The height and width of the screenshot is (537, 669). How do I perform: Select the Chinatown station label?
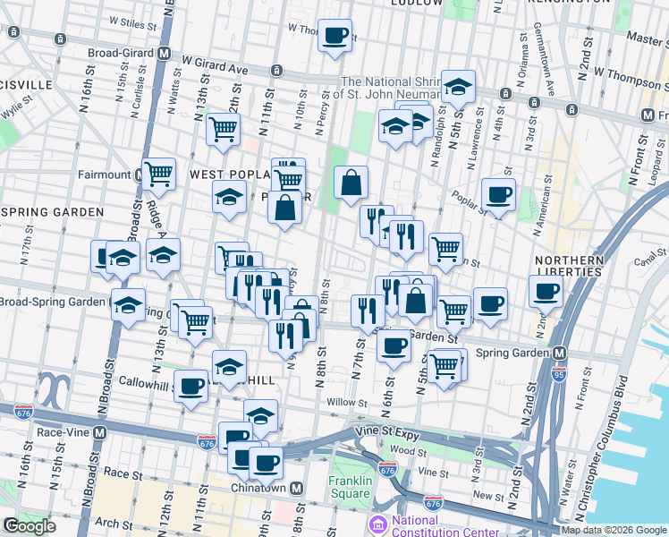point(266,487)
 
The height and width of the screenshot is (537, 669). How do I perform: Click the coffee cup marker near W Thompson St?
point(334,36)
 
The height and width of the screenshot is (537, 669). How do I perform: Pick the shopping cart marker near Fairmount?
point(158,174)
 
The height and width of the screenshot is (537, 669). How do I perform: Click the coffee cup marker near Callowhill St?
point(190,387)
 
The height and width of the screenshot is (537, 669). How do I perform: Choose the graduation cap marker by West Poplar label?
point(229,196)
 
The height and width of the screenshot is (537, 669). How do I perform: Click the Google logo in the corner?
point(30,526)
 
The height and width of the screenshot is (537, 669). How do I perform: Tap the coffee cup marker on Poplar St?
point(498,193)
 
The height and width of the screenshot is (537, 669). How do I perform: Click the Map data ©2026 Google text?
point(613,530)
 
